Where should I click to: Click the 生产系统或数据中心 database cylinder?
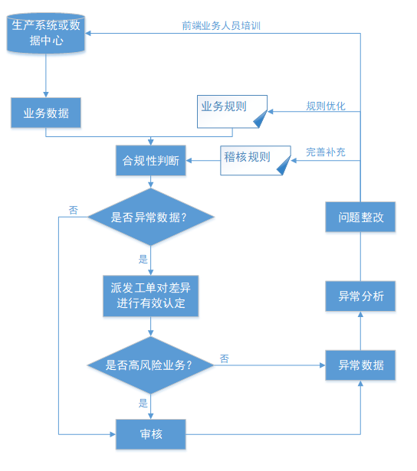click(x=46, y=33)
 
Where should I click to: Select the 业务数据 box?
click(x=46, y=113)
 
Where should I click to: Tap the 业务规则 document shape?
click(x=232, y=112)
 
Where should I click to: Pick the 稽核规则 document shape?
click(x=255, y=160)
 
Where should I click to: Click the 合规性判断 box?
click(x=150, y=160)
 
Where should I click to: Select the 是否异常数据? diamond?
click(x=150, y=217)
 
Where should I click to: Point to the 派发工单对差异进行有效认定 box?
click(x=150, y=296)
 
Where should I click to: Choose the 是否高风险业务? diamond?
click(x=150, y=365)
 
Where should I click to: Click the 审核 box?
click(x=150, y=434)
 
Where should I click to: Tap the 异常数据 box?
click(x=360, y=365)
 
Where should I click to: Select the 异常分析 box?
click(x=360, y=296)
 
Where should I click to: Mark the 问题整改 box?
click(x=360, y=217)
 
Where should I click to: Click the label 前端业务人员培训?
click(x=221, y=26)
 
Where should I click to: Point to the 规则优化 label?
click(x=326, y=106)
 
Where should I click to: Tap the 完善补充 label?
click(x=326, y=152)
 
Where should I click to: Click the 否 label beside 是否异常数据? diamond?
click(x=74, y=210)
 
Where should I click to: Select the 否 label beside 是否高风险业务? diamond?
click(x=225, y=358)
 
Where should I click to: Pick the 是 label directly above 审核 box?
click(x=143, y=403)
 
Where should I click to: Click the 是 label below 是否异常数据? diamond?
click(x=143, y=259)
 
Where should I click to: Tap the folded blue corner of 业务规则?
click(x=261, y=119)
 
